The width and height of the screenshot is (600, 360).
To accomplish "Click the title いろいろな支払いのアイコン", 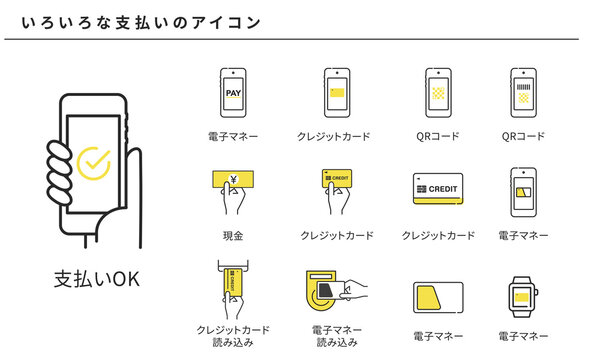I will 135,20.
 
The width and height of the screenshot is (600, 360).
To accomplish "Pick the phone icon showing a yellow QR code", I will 437,93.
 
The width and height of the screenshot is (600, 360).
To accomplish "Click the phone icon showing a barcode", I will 524,93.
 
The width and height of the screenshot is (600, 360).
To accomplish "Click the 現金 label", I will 232,235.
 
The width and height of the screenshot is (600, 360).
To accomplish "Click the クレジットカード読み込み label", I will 232,336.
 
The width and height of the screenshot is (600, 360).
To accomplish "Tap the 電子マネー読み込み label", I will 337,336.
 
